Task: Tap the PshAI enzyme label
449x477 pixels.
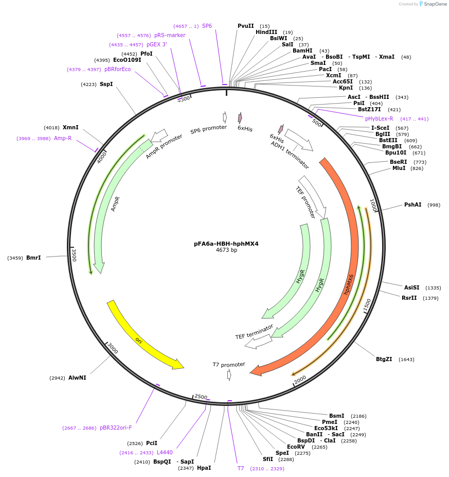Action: (412, 205)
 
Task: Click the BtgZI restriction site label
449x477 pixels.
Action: (384, 359)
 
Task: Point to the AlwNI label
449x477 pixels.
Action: (77, 378)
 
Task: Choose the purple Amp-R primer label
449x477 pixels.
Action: (63, 138)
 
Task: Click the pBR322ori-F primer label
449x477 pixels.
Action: (116, 428)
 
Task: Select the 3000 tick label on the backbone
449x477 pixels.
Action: (113, 348)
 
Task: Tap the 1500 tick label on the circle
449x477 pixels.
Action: (367, 305)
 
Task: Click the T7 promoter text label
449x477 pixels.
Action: (229, 365)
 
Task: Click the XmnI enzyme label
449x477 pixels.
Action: (70, 127)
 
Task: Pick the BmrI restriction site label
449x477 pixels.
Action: (33, 257)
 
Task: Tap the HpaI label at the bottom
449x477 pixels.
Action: (204, 468)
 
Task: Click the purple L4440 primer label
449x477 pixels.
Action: (165, 452)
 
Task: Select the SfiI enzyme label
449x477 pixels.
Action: (268, 459)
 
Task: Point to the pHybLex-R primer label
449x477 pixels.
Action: (379, 118)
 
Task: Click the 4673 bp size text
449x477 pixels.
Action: (226, 250)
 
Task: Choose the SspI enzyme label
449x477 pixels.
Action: (106, 84)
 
